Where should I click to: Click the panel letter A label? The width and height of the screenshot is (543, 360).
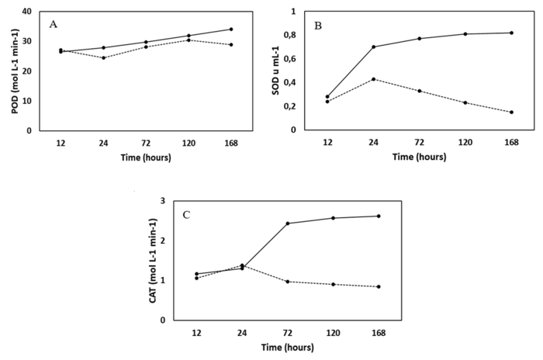[54, 24]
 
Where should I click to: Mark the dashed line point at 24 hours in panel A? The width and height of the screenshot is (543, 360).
[103, 57]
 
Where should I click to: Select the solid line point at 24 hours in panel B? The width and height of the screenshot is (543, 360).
[373, 47]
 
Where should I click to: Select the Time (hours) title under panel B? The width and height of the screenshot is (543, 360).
[419, 157]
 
